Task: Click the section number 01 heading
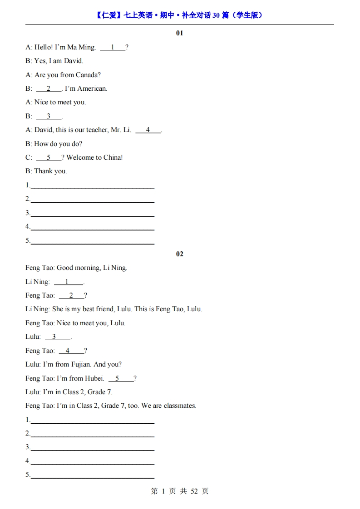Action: click(x=179, y=33)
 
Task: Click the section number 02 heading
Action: click(x=179, y=254)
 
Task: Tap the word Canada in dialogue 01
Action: click(x=88, y=75)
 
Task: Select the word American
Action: click(x=92, y=88)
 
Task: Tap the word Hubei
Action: click(x=94, y=378)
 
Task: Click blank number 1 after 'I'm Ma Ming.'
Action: click(x=112, y=47)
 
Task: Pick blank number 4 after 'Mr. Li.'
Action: click(x=148, y=130)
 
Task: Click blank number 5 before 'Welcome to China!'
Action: click(x=49, y=157)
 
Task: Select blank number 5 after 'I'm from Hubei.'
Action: click(x=117, y=378)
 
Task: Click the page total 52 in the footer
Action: click(x=194, y=491)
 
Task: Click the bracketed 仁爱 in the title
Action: click(x=109, y=15)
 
